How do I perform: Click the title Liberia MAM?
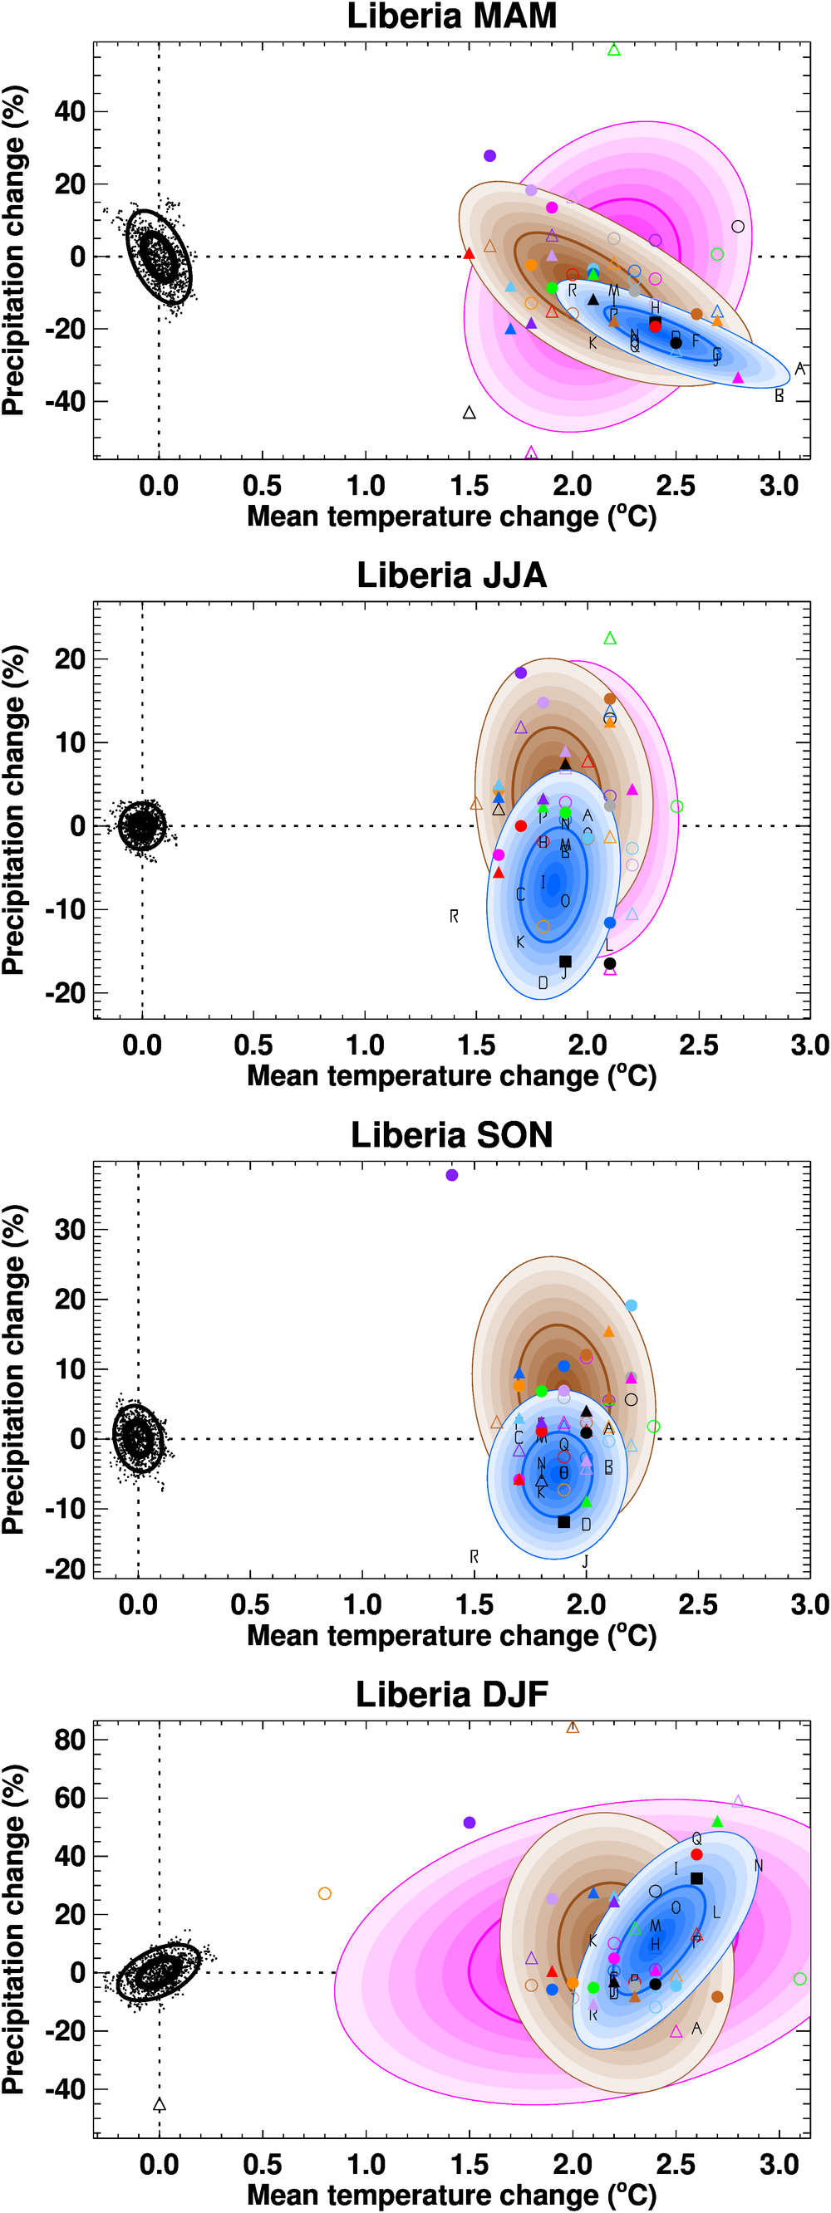(x=451, y=17)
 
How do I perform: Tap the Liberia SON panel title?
(x=451, y=1135)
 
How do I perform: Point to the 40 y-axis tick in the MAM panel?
(x=70, y=111)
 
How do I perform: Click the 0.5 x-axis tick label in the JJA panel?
(x=253, y=1045)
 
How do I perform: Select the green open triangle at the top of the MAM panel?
(x=613, y=50)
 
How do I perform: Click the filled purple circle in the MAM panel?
(x=489, y=155)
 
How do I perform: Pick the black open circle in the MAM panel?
(x=737, y=227)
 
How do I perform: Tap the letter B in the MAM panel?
(x=779, y=396)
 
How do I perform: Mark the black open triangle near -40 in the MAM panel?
(x=470, y=413)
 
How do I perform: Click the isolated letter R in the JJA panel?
(x=454, y=917)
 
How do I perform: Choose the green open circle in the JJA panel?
(x=676, y=806)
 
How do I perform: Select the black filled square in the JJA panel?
(x=564, y=962)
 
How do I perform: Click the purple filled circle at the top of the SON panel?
(x=452, y=1175)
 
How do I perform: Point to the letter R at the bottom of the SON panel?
(x=474, y=1557)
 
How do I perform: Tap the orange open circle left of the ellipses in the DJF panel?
(x=325, y=1893)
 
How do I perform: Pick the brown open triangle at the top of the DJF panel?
(x=573, y=1727)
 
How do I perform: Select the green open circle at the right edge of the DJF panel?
(x=800, y=1979)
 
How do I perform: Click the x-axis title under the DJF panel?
(x=451, y=2195)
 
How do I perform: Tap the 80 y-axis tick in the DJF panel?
(x=70, y=1740)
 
